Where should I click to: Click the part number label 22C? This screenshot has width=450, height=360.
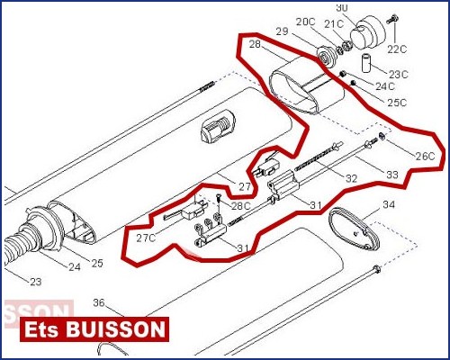click(x=397, y=49)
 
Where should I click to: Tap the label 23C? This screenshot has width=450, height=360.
click(x=399, y=74)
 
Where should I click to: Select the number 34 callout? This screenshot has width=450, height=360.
click(x=389, y=204)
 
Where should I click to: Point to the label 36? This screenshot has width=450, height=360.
click(x=99, y=302)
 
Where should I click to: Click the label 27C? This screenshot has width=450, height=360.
click(x=146, y=238)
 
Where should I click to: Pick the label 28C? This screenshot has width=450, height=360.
click(x=240, y=206)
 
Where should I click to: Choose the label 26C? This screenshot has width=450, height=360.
click(x=425, y=156)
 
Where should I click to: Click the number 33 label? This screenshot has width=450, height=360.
click(x=392, y=175)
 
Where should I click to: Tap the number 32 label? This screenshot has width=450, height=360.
click(x=351, y=179)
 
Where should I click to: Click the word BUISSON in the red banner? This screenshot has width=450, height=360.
click(x=115, y=329)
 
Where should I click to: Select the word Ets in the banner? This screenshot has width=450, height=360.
click(x=41, y=329)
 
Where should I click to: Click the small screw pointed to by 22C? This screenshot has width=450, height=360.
click(x=392, y=19)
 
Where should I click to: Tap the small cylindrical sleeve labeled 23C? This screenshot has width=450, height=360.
click(x=366, y=63)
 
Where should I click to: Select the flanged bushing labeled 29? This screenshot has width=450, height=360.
click(x=327, y=57)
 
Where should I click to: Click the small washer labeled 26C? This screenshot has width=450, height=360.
click(x=382, y=136)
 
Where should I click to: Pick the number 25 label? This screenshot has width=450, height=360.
click(x=97, y=263)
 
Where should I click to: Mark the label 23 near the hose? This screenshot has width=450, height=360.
click(x=35, y=282)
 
